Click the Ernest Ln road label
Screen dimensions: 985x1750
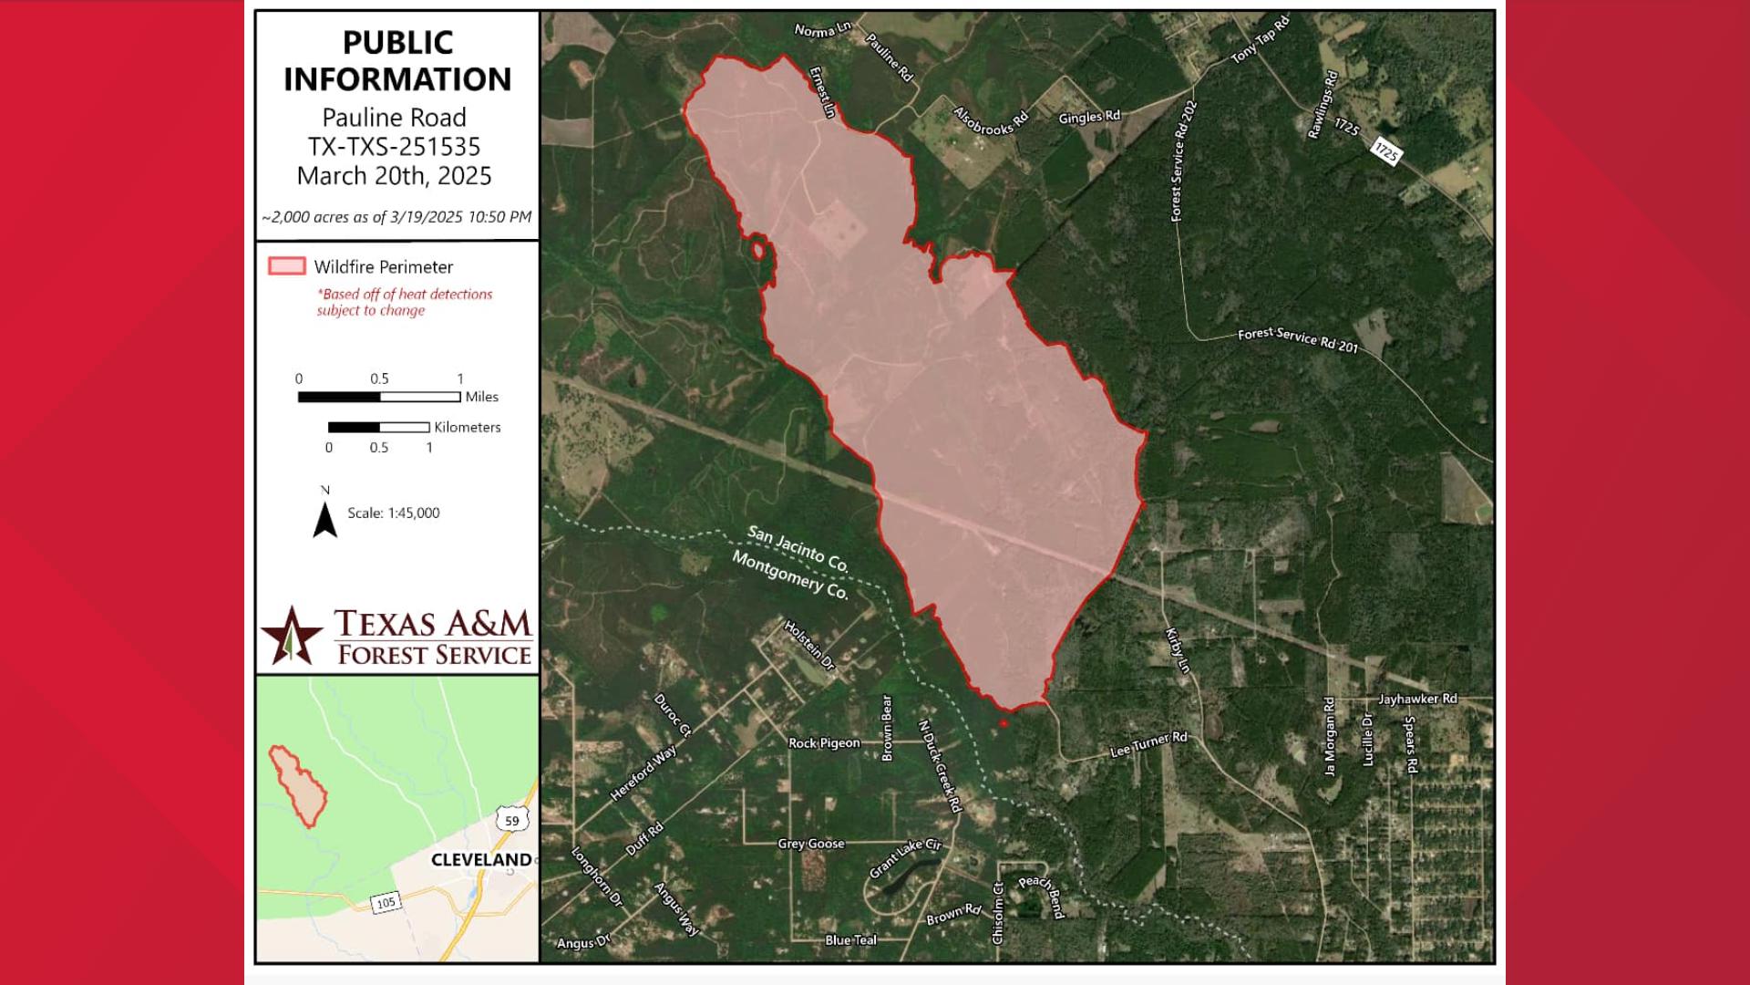pos(822,92)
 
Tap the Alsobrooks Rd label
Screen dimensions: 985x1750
pos(990,121)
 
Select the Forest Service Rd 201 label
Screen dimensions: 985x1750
pos(1297,339)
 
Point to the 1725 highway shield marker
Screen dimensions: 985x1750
pos(1385,152)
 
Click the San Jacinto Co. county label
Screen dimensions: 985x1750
pos(798,548)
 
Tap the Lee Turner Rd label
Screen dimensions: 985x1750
pos(1148,744)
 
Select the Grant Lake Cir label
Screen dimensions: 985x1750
pos(904,858)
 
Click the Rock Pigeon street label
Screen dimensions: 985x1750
pos(824,743)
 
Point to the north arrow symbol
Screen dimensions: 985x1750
pos(325,517)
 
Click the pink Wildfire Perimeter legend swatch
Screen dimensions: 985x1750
pos(286,266)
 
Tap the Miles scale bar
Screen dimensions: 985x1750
pos(379,397)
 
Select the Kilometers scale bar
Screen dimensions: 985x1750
pos(378,427)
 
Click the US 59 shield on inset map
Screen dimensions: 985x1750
pos(511,819)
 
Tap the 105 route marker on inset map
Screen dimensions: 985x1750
pos(386,902)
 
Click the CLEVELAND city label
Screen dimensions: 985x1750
pos(481,860)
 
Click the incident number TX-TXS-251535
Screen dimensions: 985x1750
pos(394,147)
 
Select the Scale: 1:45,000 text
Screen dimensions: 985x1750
pos(393,513)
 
